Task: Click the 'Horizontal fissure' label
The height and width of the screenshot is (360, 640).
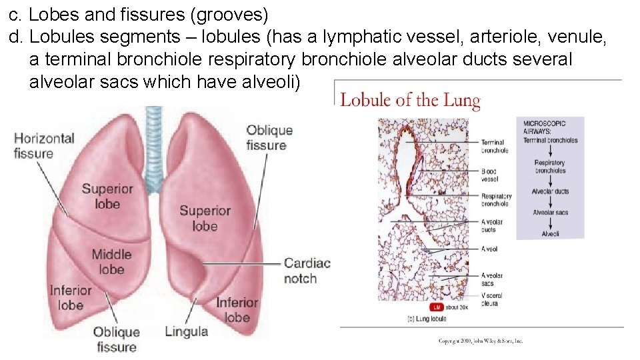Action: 44,146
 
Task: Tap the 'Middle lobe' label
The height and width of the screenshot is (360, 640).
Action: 111,261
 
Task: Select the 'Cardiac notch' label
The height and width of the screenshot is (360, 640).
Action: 307,270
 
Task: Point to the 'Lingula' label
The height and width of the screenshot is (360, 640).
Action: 186,331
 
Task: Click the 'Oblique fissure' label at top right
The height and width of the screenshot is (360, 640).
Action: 269,137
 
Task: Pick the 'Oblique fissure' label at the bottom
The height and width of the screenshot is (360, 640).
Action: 116,339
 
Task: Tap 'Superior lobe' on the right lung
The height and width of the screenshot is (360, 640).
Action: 205,218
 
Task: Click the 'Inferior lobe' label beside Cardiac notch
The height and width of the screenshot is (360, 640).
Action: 237,309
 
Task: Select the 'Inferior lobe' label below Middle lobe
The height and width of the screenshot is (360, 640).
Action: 71,297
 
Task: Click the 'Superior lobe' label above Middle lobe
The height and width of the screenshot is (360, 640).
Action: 107,196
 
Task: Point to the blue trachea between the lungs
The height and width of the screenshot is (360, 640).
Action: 154,143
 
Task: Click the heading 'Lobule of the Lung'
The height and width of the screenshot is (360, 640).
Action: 410,101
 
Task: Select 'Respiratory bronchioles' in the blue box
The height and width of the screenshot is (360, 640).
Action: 550,166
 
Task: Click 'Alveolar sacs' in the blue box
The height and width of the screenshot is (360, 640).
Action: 550,212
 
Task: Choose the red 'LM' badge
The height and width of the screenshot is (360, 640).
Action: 437,307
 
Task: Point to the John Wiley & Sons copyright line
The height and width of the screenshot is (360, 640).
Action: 481,341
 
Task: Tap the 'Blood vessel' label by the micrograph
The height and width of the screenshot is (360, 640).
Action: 489,175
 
